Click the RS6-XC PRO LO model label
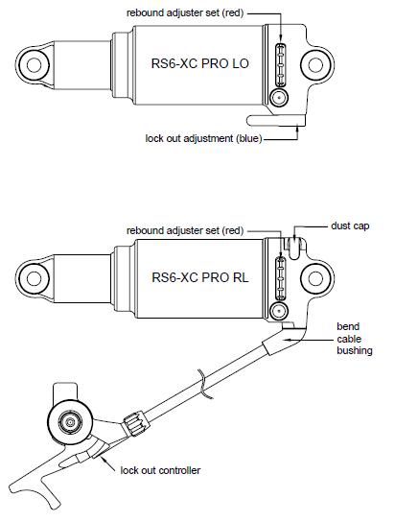click(x=199, y=63)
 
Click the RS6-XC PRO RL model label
click(x=200, y=277)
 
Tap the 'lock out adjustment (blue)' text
click(x=203, y=138)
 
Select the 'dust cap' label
click(x=350, y=225)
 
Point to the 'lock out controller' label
click(x=160, y=470)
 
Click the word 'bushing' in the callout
click(x=355, y=350)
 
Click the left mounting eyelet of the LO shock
click(x=34, y=65)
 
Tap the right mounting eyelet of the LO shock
click(x=315, y=65)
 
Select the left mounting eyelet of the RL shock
click(x=34, y=278)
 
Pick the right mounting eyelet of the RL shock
click(x=315, y=278)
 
